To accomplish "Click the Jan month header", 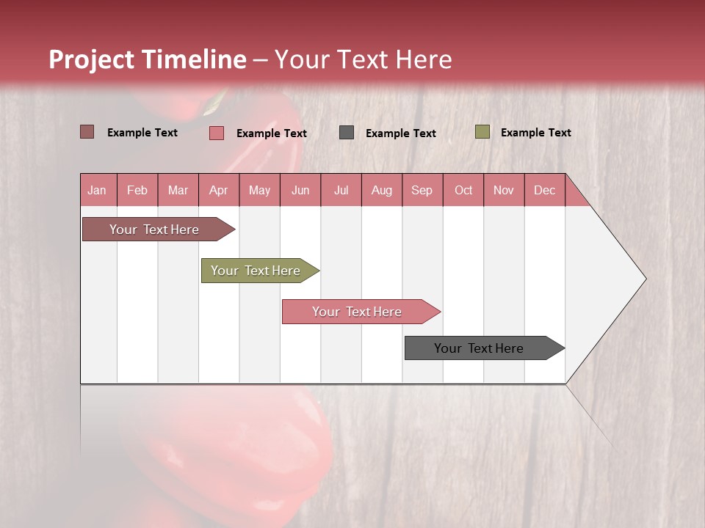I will coord(97,190).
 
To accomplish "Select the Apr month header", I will coord(218,190).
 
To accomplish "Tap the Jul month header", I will coord(341,190).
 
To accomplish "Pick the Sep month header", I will coord(422,190).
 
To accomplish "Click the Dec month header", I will coord(544,190).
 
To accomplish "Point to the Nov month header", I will coord(503,190).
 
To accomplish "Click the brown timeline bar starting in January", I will coord(154,230).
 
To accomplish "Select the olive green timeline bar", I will coord(256,271).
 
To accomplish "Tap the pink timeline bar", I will coord(357,312).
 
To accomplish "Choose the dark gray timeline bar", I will coord(479,348).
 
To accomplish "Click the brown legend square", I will coord(87,132).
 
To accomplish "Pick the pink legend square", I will coord(216,133).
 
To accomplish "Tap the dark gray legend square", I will coord(347,132).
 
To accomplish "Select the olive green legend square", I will coord(482,132).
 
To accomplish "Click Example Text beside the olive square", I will coord(535,133).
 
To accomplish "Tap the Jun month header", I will coord(300,190).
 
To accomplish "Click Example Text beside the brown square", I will coord(142,133).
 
